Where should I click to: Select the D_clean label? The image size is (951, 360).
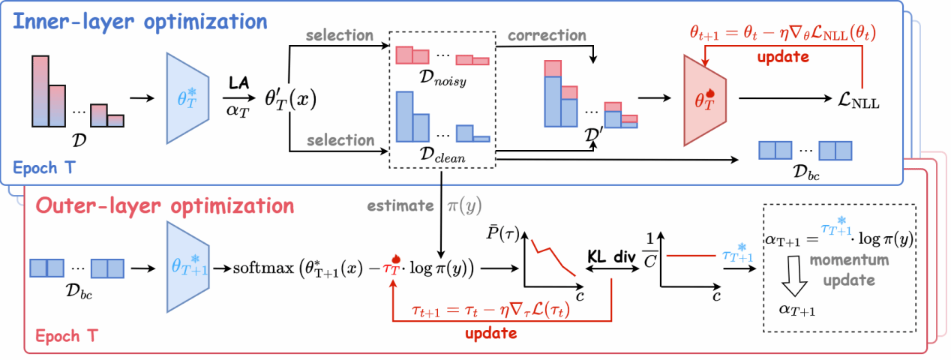442,157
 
